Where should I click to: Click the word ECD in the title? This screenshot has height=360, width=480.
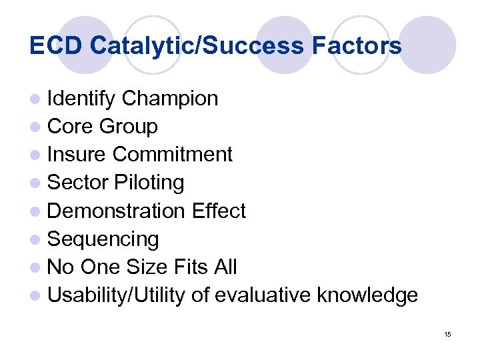(x=57, y=46)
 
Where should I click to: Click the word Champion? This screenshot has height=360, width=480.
(x=170, y=99)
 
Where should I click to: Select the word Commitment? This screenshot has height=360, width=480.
(x=172, y=155)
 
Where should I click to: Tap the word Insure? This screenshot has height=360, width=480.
(x=77, y=155)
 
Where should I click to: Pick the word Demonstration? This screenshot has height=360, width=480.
(x=117, y=211)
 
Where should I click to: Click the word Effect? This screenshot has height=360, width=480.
(x=218, y=211)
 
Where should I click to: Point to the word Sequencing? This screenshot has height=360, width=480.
(x=103, y=239)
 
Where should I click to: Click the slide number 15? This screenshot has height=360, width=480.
(x=447, y=333)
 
